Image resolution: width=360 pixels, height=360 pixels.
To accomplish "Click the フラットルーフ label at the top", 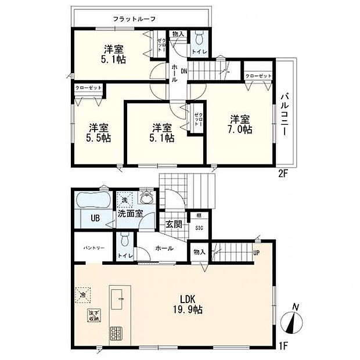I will pos(134,19).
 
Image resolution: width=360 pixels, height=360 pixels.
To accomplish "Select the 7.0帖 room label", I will pos(239,125).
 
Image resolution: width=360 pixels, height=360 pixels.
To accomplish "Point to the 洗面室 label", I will pos(131,214).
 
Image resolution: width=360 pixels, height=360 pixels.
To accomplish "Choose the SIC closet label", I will pos(199,228).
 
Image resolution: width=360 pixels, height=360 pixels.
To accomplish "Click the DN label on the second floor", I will pos(183,71).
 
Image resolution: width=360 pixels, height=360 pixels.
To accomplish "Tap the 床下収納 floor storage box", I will pos(93,316).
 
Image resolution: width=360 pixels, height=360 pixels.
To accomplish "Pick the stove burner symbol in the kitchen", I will pos(116,334).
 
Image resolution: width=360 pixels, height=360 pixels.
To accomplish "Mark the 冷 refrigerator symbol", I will pos(82,294).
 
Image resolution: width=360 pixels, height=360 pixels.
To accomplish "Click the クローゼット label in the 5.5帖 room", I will pos(88,88).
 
